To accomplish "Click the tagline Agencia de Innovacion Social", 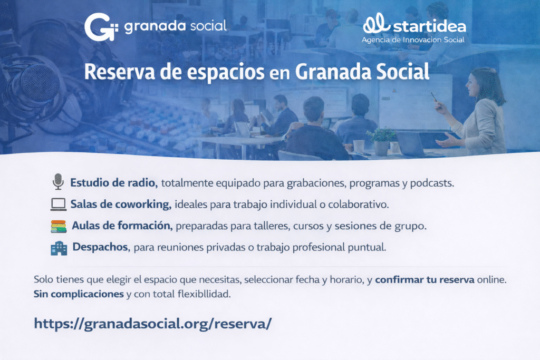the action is tap(413, 40).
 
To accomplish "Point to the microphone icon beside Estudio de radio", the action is tap(58, 182).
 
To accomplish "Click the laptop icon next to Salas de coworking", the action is tap(58, 205).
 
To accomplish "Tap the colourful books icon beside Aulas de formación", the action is tap(59, 227).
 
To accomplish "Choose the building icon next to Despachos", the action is tap(59, 248).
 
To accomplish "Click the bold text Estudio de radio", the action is tap(114, 183).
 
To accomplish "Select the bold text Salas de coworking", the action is tap(121, 205).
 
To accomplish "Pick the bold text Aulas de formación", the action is tap(122, 226).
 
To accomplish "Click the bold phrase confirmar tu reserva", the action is tap(425, 279).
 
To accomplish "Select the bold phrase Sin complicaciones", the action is tap(79, 294).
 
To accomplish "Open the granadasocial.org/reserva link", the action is tap(153, 324).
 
